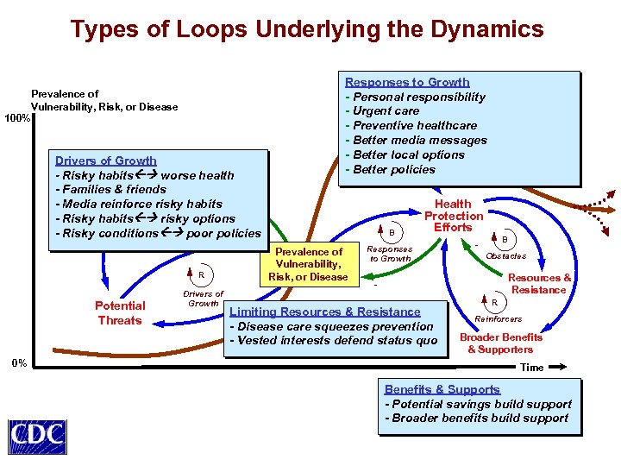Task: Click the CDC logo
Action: [x=37, y=436]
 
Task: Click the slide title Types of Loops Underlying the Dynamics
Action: [x=307, y=29]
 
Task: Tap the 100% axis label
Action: [x=16, y=117]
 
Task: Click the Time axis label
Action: [x=532, y=368]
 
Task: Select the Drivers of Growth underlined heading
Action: [x=106, y=161]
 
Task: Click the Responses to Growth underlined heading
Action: [x=407, y=82]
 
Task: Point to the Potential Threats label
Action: [x=120, y=313]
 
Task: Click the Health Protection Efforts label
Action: [x=453, y=216]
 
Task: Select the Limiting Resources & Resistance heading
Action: [x=324, y=312]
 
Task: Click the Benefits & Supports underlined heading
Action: [x=442, y=389]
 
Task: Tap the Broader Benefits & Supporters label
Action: [x=500, y=343]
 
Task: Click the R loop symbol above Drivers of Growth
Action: [x=201, y=275]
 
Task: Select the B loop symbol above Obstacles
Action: [x=505, y=239]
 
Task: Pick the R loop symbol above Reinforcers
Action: [x=495, y=304]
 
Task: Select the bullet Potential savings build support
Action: [x=478, y=404]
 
